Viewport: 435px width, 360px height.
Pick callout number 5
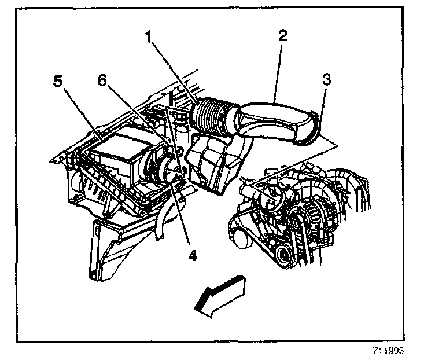pos(57,82)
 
